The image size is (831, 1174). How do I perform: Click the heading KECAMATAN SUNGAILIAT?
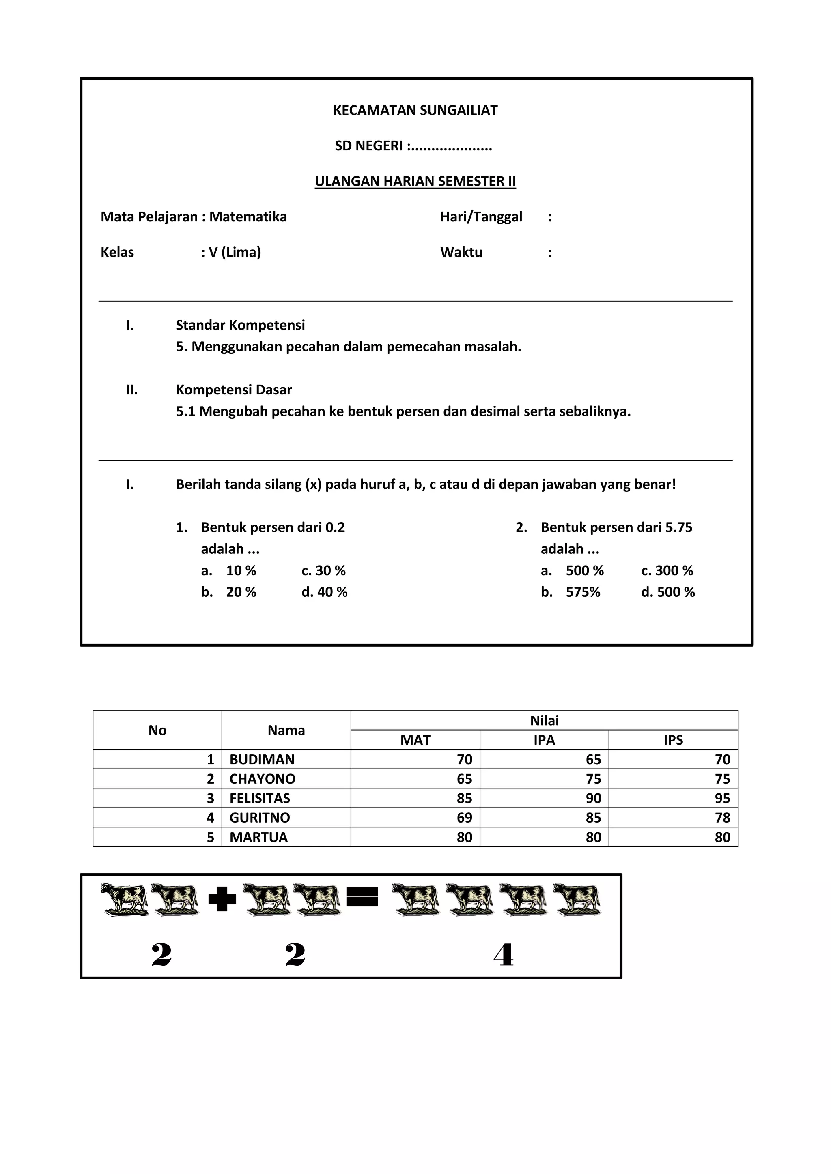click(415, 110)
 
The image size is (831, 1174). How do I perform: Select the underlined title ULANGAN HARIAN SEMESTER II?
click(415, 182)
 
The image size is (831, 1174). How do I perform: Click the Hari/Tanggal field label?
click(481, 217)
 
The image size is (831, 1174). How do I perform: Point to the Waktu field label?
click(461, 253)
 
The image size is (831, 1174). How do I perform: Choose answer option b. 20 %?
click(229, 592)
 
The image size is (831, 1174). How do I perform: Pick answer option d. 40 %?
click(325, 592)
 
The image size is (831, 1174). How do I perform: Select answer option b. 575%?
click(571, 592)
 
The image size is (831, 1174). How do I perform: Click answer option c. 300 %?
click(667, 571)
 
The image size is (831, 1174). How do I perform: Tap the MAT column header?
click(415, 740)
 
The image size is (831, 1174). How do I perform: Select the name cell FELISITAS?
click(259, 798)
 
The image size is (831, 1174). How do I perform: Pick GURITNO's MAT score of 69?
click(464, 818)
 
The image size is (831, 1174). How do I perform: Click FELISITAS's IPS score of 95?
click(722, 798)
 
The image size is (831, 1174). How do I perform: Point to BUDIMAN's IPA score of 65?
click(593, 759)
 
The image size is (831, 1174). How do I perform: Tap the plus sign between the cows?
click(222, 899)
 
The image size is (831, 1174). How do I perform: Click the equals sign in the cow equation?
click(362, 896)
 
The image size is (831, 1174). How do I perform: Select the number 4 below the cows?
click(504, 955)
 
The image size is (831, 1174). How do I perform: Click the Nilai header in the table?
click(544, 720)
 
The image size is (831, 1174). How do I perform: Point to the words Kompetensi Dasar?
click(234, 390)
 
